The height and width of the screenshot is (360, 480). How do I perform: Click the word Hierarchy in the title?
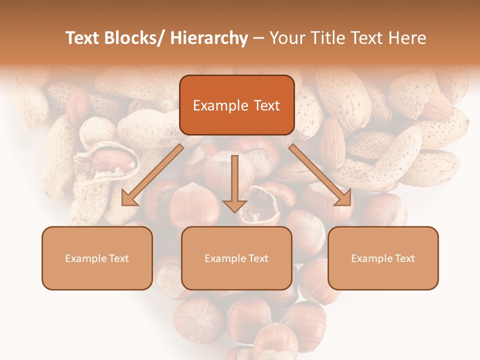point(209,38)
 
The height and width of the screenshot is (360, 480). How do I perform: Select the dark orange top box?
point(236,105)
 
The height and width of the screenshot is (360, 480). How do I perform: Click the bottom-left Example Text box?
point(97,258)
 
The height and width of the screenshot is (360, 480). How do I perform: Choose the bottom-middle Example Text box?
point(236,258)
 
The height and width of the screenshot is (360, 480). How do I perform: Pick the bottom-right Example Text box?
point(383,258)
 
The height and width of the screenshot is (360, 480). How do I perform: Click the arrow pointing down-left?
point(152,175)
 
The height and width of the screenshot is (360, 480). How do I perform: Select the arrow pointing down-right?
point(320,175)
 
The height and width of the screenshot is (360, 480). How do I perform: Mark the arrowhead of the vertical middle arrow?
point(234,205)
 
